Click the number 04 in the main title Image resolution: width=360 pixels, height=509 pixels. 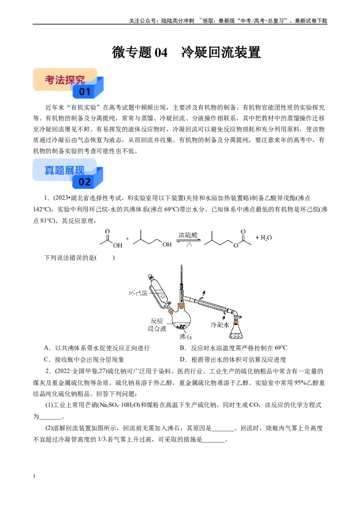tap(161, 52)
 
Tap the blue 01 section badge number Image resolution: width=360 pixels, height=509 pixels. tap(85, 92)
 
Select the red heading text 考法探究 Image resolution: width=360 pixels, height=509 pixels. tap(65, 80)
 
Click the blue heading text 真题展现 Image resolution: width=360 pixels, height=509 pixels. tap(64, 170)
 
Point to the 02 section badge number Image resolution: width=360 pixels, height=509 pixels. tap(85, 182)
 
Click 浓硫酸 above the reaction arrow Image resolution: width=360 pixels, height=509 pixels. tap(188, 235)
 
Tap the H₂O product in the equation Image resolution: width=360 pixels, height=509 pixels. tap(266, 238)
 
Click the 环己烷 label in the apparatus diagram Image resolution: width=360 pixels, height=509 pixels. tap(138, 293)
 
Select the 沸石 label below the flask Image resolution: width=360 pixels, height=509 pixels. tap(185, 336)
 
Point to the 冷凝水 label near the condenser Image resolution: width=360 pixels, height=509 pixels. tap(220, 325)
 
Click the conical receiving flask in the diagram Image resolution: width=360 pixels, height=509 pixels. tap(236, 330)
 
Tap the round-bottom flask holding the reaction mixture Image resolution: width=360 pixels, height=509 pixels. tap(181, 320)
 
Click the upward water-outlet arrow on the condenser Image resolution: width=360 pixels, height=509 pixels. tap(203, 295)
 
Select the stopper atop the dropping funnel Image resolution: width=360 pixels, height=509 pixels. tap(150, 277)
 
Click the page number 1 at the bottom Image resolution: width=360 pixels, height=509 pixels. tap(34, 476)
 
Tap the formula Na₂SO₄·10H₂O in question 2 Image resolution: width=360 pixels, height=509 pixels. tap(117, 405)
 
